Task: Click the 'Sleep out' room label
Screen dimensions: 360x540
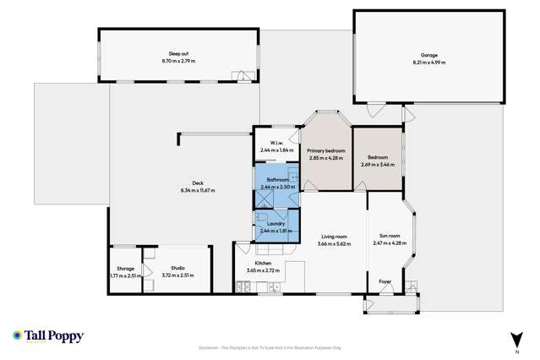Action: (x=178, y=53)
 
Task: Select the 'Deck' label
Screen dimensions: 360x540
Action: (x=198, y=183)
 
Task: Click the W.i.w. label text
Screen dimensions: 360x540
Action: (x=275, y=142)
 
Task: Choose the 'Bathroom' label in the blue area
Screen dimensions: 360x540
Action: (x=278, y=180)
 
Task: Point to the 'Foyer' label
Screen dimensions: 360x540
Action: (x=385, y=281)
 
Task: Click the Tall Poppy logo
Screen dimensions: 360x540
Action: (x=48, y=336)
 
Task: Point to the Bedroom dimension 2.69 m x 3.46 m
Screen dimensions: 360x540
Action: (x=378, y=164)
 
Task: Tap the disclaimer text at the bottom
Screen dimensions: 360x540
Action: (x=270, y=346)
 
